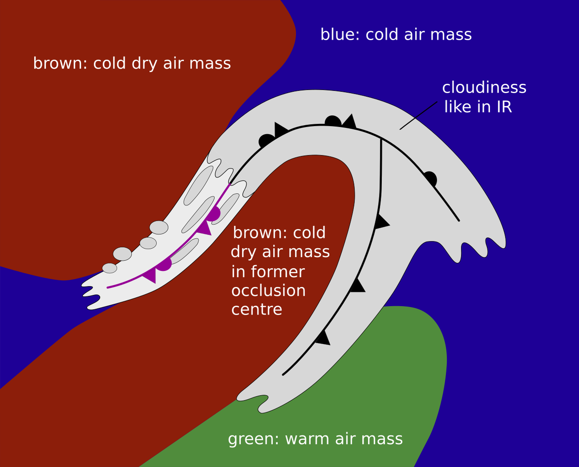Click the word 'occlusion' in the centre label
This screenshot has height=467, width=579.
268,291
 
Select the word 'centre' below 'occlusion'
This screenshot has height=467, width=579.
257,309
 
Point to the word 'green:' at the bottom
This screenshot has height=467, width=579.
253,439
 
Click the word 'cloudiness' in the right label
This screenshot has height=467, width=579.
484,87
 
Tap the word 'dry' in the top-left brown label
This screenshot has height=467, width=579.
144,63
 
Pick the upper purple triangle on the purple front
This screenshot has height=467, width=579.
204,228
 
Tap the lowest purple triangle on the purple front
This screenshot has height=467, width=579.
150,275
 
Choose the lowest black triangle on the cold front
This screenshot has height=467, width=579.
322,338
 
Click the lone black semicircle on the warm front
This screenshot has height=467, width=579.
430,178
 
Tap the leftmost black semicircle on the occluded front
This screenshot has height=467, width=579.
266,140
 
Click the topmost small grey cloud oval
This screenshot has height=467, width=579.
159,227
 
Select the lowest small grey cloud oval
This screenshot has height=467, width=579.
110,268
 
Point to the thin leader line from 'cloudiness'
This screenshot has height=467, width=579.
418,115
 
